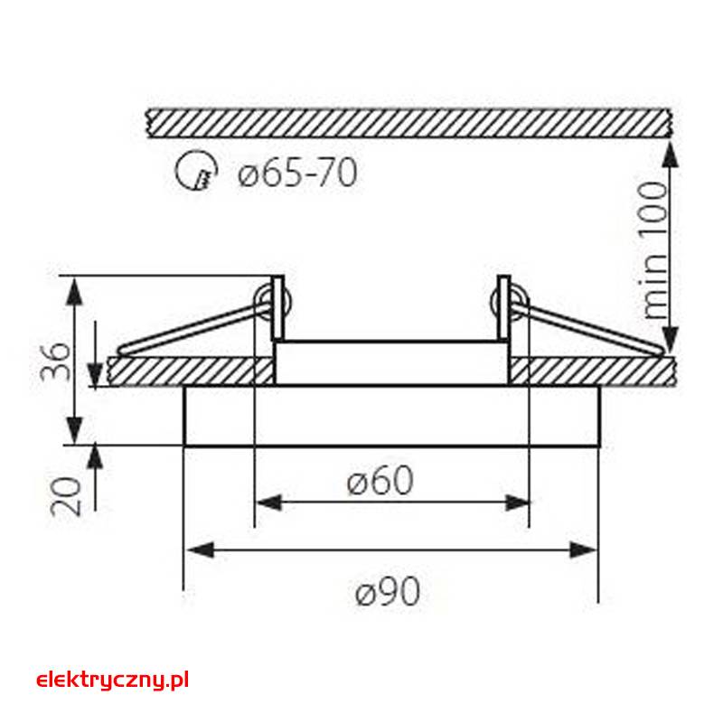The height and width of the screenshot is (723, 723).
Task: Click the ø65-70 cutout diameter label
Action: coord(297,172)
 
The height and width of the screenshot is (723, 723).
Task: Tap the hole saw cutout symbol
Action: coord(196,170)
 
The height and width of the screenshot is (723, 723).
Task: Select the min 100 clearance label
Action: coord(654,250)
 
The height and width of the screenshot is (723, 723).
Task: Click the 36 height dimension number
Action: coord(56,361)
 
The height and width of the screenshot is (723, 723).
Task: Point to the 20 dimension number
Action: coord(65,496)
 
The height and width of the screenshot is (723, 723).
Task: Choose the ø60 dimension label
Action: coord(380,480)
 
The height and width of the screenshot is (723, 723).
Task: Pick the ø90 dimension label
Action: coord(388,592)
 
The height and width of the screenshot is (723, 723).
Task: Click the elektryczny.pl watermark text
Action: coord(112,681)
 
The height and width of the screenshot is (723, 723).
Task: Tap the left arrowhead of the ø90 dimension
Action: coord(200,549)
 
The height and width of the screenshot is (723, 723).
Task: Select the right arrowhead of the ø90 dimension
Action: coord(583,549)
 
